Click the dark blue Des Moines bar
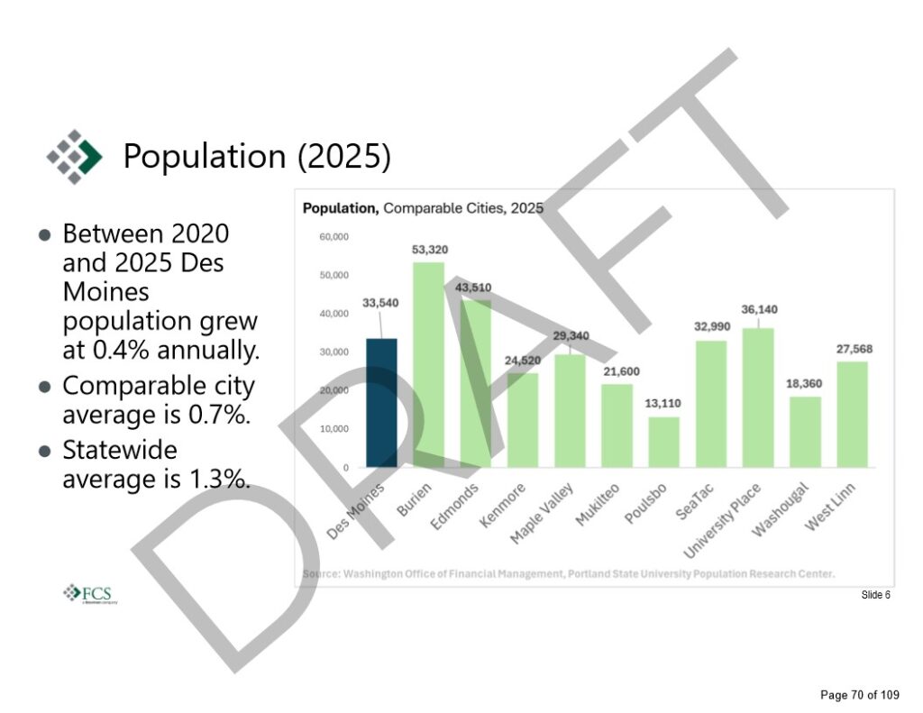coord(381,403)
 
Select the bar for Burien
coord(428,365)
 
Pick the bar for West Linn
coord(852,415)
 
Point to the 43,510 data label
coord(475,288)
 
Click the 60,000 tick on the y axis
coord(335,237)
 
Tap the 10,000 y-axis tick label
coord(335,429)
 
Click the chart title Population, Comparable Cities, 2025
coord(423,208)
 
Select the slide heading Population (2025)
coord(257,156)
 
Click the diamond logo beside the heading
coord(75,156)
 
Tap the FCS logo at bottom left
coord(90,593)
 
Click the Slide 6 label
coord(875,595)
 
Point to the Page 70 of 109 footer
coord(859,695)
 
